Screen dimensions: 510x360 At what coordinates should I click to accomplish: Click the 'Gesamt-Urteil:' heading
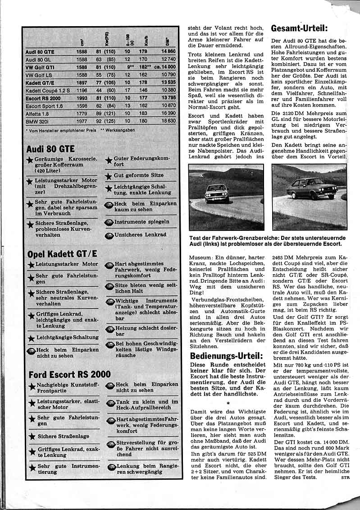[x=302, y=28]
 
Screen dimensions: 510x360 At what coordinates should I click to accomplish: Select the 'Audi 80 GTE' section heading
[x=50, y=149]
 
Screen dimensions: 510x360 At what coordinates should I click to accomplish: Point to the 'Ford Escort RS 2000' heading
[x=69, y=374]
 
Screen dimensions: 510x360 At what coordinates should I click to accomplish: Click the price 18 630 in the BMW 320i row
[x=166, y=121]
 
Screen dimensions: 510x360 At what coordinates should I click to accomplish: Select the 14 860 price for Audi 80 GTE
[x=166, y=51]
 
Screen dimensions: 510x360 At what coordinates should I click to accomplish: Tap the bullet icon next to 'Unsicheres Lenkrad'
[x=108, y=235]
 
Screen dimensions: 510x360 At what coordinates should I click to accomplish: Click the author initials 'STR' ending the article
[x=345, y=477]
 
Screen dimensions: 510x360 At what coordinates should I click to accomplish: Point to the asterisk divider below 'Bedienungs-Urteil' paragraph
[x=228, y=402]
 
